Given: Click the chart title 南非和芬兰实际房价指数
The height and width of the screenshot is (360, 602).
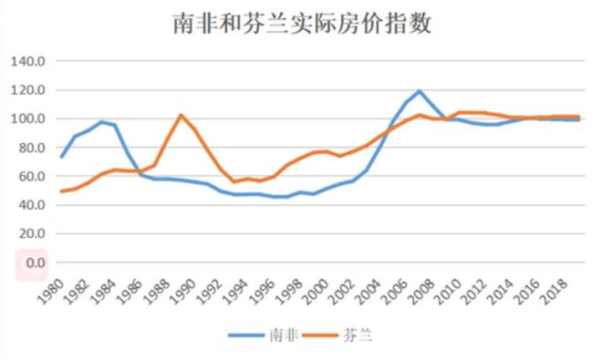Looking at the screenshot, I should (301, 24).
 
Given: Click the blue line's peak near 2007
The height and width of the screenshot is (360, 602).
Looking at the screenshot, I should (420, 91).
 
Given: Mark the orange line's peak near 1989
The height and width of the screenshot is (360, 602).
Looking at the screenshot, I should (181, 115).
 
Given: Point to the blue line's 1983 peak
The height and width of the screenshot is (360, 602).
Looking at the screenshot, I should (102, 121).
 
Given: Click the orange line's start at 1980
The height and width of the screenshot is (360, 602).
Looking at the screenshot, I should (61, 191).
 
